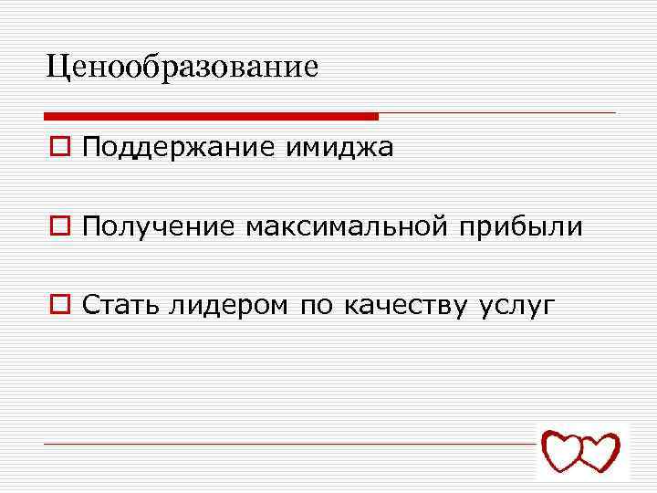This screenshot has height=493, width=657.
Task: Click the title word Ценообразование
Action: [182, 66]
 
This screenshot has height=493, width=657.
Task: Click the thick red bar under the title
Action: [211, 116]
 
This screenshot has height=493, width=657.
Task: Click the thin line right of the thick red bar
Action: [497, 113]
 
